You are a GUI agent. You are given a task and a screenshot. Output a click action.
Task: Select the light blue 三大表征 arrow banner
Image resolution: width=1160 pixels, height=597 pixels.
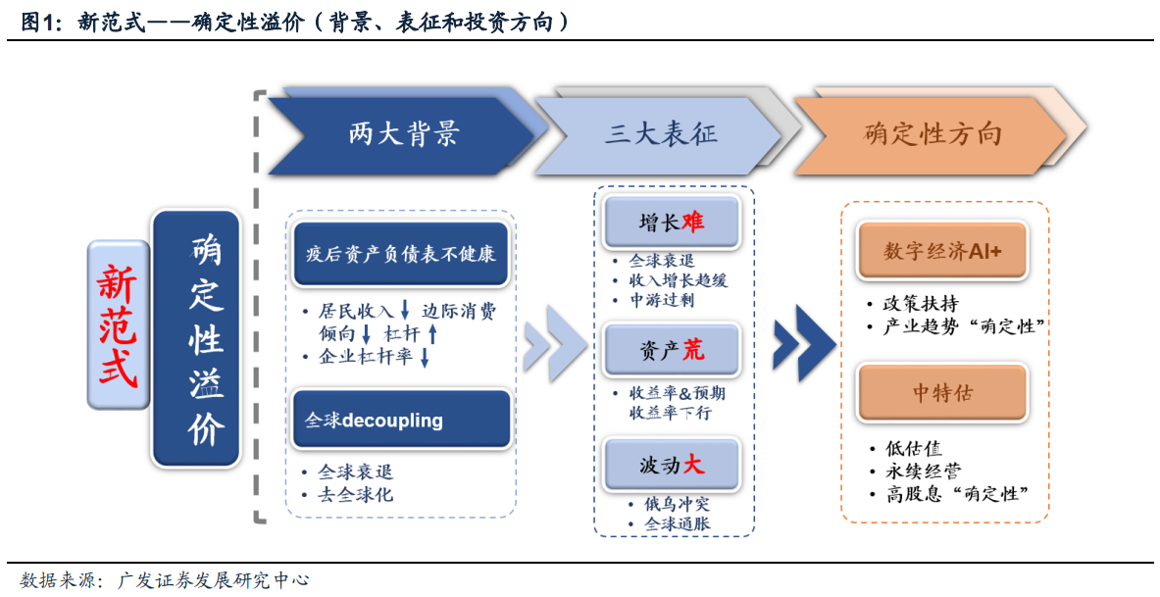[658, 134]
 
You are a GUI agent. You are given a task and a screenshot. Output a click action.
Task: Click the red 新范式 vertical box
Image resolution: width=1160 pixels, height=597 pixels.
[119, 324]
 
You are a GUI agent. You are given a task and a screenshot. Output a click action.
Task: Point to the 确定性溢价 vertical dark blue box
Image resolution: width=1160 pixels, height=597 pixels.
[196, 339]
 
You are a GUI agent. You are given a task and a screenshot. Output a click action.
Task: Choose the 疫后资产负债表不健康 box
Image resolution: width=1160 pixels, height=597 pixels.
[401, 255]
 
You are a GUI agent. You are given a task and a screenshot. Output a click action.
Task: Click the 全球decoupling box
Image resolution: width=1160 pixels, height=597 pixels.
[401, 421]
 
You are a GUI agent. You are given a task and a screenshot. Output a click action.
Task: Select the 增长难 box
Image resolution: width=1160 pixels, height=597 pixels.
[671, 222]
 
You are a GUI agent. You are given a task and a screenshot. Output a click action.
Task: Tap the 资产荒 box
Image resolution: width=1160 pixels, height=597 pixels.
[671, 349]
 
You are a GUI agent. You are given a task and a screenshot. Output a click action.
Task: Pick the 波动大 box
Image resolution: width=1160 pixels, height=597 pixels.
[671, 465]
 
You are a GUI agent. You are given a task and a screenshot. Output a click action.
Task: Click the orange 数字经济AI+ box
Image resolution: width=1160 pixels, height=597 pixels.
[941, 252]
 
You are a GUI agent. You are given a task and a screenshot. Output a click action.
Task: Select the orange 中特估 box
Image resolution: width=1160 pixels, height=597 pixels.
[941, 393]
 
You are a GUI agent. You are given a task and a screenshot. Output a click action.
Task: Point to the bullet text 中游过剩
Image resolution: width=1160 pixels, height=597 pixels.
[661, 300]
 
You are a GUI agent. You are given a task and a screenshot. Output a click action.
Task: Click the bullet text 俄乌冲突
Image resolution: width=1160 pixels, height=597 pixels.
[677, 505]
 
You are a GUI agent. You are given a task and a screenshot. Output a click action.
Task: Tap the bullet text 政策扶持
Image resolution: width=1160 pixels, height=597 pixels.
[921, 303]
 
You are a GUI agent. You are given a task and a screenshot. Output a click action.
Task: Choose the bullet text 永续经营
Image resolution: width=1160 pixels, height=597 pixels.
[924, 471]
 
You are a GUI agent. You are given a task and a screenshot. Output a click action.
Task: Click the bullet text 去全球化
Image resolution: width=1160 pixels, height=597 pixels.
[355, 495]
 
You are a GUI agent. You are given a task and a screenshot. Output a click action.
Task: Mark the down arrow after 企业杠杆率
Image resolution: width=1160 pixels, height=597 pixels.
[425, 357]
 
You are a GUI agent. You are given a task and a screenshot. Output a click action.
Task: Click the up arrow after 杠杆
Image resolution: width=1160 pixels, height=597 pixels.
[432, 334]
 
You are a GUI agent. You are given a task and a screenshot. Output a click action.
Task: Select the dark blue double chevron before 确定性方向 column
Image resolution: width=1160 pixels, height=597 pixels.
[804, 343]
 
